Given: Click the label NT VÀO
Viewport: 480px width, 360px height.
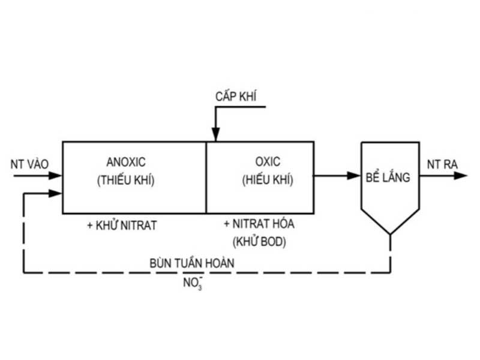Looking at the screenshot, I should [29, 164].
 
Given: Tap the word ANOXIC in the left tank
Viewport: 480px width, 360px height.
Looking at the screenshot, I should [125, 162].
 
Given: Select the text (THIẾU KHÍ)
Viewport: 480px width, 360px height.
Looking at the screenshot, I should [125, 179].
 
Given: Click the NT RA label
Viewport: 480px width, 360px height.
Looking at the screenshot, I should [442, 164].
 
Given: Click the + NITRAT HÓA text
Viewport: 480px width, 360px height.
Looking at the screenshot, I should [259, 224].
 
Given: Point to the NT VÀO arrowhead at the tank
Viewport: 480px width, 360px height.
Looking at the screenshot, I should [57, 176].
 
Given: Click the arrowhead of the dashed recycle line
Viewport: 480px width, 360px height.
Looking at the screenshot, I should [57, 193].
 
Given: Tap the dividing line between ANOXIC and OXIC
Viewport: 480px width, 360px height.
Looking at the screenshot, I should [206, 178].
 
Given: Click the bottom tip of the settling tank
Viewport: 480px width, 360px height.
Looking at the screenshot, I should [390, 233].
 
